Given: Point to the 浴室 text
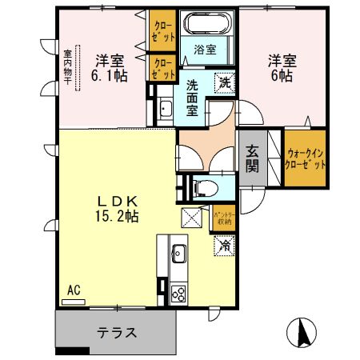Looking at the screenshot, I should click(206, 50).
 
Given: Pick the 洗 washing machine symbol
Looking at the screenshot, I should click(225, 82).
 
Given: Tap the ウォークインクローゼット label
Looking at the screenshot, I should click(306, 157).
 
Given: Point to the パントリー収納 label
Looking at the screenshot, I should click(223, 217).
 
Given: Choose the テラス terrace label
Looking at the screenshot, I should click(116, 332).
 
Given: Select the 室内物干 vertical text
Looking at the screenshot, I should click(68, 67).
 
